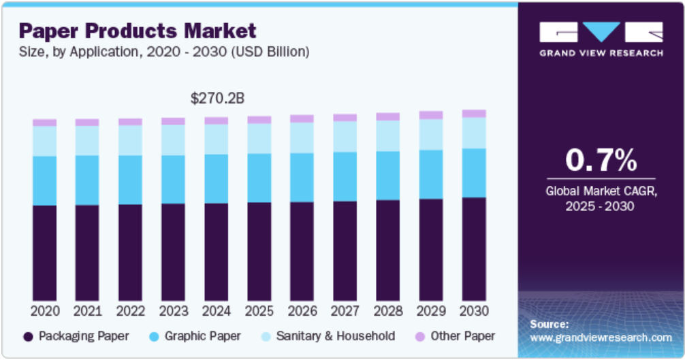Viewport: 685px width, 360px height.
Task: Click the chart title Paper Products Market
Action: click(138, 31)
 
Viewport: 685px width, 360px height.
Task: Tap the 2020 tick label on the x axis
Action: click(44, 310)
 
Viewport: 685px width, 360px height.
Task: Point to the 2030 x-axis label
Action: click(474, 310)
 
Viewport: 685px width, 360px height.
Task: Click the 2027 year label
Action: click(345, 310)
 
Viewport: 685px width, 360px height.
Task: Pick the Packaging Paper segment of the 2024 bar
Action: click(217, 252)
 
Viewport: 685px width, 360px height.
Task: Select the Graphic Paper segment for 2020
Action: click(44, 180)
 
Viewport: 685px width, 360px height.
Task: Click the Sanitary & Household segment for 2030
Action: click(474, 133)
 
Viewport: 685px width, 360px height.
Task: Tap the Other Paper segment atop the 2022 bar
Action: click(130, 122)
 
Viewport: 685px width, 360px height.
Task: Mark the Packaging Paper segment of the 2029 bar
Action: click(431, 250)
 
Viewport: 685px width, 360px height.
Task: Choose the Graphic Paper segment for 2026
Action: click(302, 177)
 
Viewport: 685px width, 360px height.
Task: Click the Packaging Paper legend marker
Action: click(28, 336)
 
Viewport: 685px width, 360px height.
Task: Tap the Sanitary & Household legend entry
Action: click(334, 336)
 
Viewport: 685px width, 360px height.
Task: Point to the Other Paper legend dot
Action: click(419, 336)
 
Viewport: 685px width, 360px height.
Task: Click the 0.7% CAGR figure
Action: click(601, 160)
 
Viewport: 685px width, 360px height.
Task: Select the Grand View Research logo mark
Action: click(601, 32)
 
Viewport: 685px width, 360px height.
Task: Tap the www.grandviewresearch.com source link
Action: click(601, 338)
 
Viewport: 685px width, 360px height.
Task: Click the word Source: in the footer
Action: click(549, 324)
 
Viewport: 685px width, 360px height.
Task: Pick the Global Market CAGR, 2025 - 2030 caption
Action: click(601, 199)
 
